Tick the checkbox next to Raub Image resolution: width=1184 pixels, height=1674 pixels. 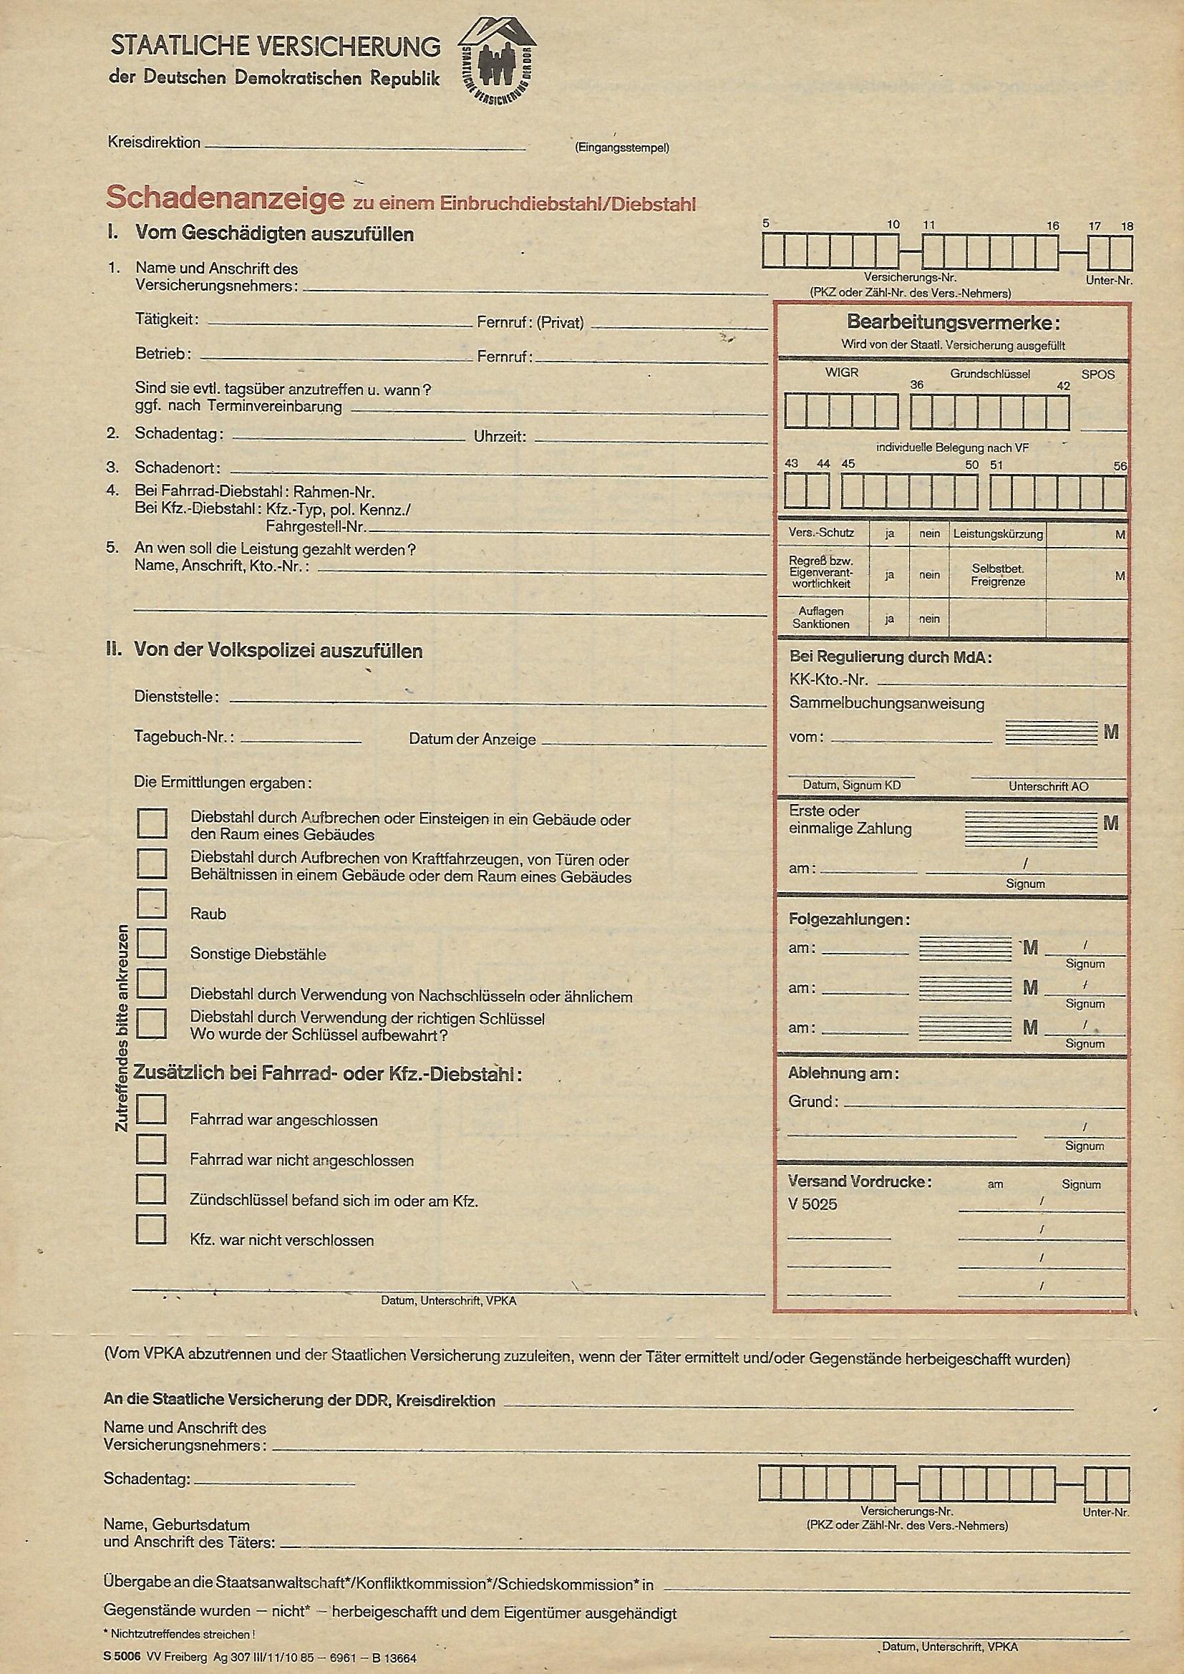(152, 904)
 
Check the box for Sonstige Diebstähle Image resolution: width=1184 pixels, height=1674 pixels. (152, 943)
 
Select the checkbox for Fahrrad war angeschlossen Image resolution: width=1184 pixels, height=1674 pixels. (152, 1109)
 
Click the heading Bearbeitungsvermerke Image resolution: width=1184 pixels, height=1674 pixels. (953, 322)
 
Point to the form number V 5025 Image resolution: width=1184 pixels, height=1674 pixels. (813, 1204)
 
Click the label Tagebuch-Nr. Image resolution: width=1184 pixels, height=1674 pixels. (184, 736)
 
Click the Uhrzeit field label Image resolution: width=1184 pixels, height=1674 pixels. (500, 437)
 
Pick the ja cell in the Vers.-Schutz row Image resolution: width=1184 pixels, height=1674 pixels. (890, 533)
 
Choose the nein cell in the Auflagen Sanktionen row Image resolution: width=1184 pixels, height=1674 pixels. (929, 619)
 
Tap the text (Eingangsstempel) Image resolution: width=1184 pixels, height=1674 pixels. (621, 148)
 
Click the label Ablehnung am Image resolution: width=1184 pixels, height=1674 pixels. (843, 1074)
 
